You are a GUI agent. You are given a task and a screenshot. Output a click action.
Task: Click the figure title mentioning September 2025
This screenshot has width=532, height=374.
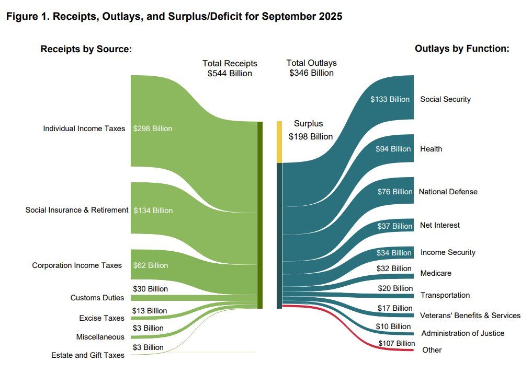(174, 17)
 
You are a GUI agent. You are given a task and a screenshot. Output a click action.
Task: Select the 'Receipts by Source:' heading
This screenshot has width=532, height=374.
(86, 49)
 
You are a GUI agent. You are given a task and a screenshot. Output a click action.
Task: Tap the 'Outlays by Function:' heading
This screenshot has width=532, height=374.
(462, 49)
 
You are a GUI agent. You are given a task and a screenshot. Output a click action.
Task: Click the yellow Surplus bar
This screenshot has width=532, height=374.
(279, 142)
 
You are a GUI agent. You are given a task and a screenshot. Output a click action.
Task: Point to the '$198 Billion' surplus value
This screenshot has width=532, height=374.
(311, 136)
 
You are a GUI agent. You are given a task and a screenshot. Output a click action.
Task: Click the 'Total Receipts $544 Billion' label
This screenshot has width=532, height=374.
(230, 68)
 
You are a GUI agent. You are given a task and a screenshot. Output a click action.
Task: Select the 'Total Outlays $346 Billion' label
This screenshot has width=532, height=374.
(311, 68)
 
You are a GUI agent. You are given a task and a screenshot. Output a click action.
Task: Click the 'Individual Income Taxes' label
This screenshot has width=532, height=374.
(84, 128)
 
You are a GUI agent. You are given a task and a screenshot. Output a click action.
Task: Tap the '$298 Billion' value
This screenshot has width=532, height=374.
(153, 128)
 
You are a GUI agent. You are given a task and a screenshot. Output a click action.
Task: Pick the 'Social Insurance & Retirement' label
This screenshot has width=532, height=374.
(77, 210)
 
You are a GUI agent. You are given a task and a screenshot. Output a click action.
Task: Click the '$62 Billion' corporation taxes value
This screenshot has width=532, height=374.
(151, 265)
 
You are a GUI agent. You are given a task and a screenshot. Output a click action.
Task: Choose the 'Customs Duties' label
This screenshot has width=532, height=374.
(97, 298)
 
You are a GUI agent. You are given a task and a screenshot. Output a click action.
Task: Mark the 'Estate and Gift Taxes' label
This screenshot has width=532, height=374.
(88, 355)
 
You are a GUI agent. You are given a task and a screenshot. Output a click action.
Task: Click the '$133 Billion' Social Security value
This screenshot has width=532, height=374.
(390, 99)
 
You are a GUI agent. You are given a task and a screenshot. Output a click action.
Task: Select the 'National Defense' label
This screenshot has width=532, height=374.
(448, 192)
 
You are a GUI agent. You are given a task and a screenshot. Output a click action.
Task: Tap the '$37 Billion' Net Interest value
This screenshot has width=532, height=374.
(395, 226)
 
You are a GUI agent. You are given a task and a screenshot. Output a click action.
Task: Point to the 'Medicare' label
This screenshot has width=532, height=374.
(435, 273)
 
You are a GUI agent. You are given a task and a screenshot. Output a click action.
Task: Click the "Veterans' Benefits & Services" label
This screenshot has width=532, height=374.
(470, 315)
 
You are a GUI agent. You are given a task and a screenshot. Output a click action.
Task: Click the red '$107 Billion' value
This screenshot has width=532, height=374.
(397, 344)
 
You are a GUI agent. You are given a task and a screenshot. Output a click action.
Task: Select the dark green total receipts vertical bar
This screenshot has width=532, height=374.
(259, 215)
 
